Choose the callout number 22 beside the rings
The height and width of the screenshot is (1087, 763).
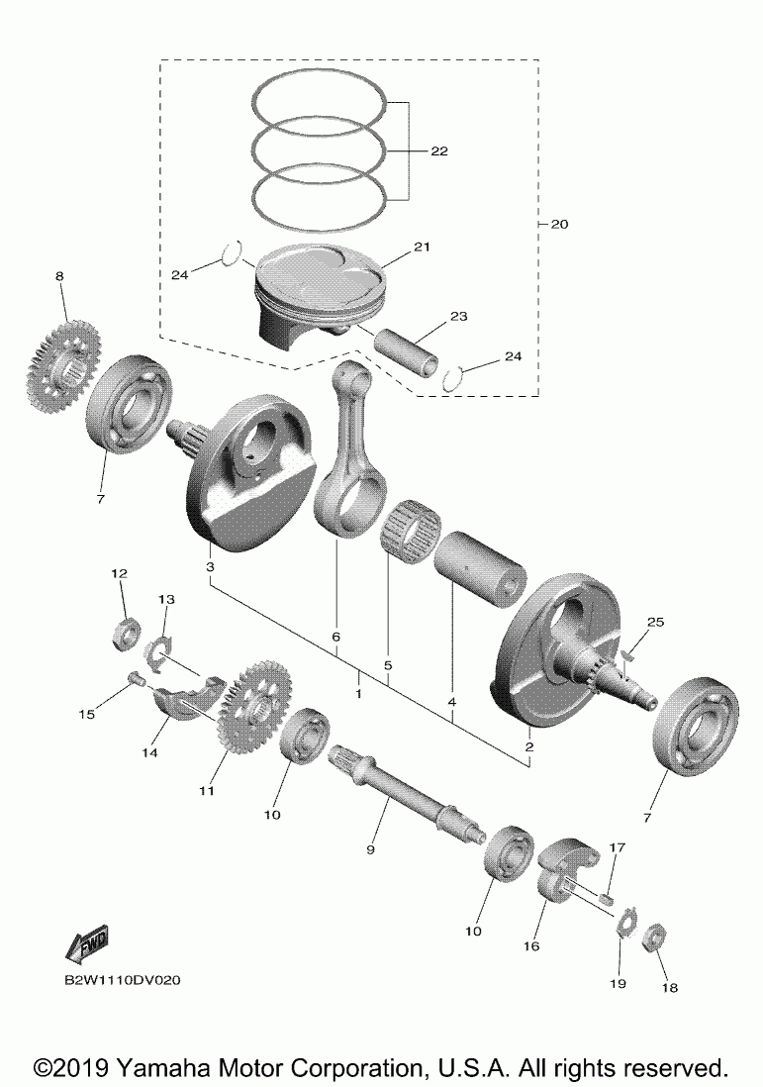tap(439, 151)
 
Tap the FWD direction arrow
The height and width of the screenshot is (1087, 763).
tap(86, 944)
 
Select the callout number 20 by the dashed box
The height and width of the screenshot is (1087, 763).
tap(558, 225)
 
